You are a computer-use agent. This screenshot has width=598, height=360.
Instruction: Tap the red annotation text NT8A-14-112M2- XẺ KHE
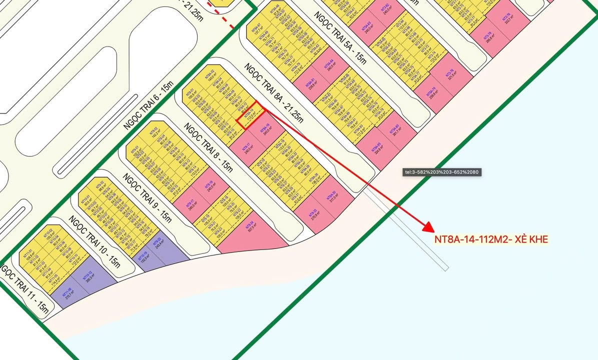click(491, 239)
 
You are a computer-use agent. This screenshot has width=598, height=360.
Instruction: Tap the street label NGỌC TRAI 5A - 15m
click(340, 38)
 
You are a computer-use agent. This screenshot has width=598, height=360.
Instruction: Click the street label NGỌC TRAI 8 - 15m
click(209, 148)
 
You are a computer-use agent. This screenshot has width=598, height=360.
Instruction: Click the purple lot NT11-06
click(67, 291)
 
